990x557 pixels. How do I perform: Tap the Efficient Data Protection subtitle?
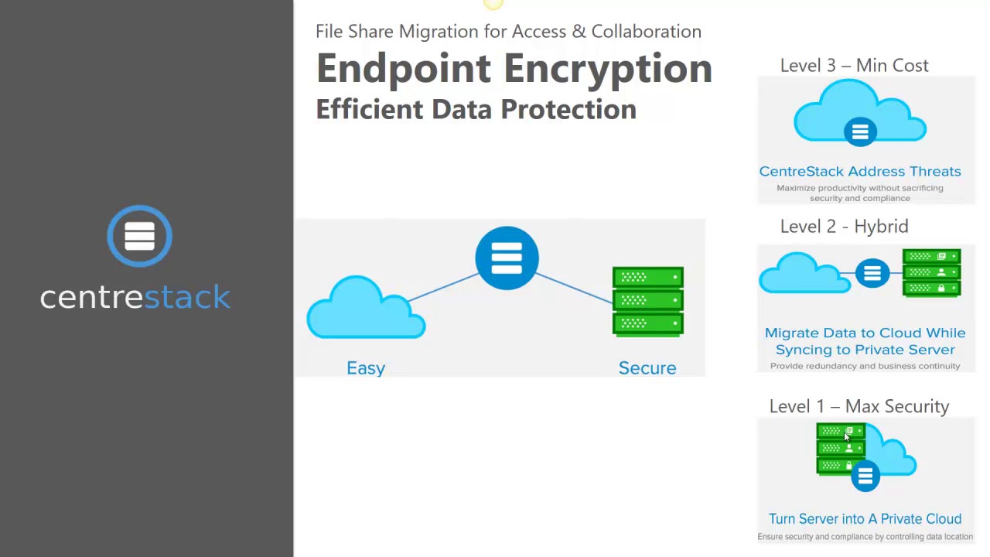(476, 109)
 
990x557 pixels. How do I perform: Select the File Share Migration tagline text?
(508, 32)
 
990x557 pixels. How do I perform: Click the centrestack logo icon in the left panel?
(139, 236)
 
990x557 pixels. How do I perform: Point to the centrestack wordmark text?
(135, 297)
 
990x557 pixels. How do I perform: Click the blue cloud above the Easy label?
(365, 309)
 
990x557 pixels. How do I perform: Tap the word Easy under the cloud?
(366, 368)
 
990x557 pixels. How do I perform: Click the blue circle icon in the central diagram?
(507, 258)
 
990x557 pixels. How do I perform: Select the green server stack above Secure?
(647, 301)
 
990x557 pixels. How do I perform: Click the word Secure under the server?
(647, 368)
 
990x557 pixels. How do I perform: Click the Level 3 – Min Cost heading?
(854, 66)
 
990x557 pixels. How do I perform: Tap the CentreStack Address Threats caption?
(859, 172)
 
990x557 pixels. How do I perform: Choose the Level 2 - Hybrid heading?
(844, 227)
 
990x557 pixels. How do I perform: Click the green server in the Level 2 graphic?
(931, 272)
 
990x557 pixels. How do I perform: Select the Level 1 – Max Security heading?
(859, 407)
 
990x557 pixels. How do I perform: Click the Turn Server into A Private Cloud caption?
(865, 519)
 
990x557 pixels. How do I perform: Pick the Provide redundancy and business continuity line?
(865, 366)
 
